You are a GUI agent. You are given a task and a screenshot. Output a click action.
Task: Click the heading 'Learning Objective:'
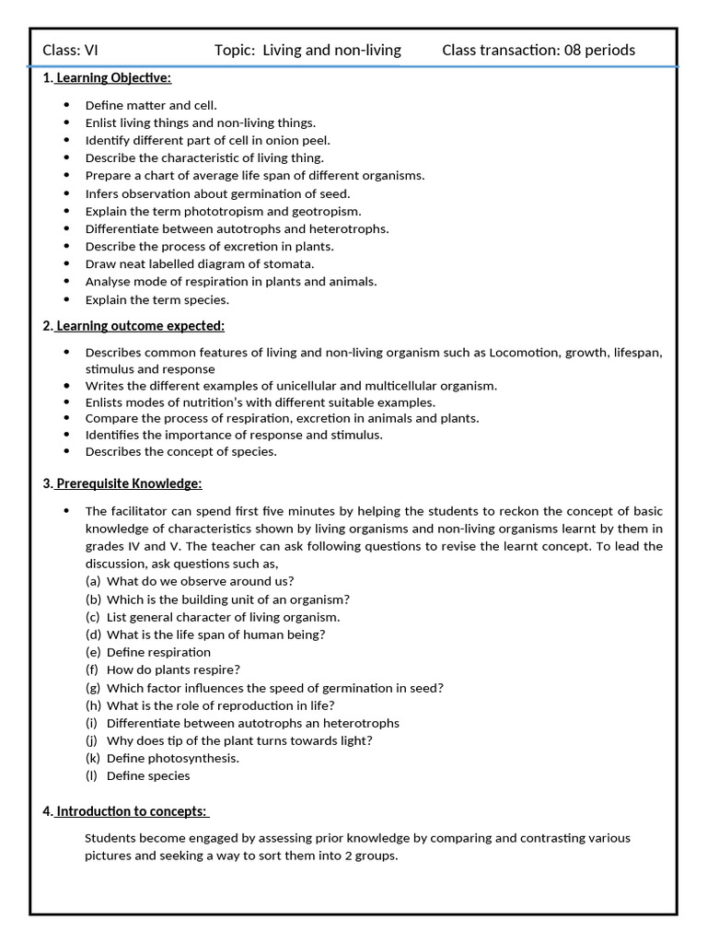click(x=113, y=77)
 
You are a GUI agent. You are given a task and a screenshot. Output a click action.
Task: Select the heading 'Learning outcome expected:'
click(x=140, y=326)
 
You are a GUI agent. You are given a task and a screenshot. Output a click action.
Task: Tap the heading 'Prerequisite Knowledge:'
click(x=129, y=483)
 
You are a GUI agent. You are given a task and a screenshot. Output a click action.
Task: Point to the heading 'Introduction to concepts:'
click(x=133, y=811)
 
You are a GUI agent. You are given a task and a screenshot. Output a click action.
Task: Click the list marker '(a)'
click(x=92, y=581)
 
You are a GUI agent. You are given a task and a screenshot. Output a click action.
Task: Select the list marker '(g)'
click(x=92, y=688)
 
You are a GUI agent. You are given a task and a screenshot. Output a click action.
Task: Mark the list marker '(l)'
click(x=92, y=775)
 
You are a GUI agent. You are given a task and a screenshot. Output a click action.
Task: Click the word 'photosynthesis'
click(x=195, y=758)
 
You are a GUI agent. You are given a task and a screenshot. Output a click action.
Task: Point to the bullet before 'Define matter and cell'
click(x=66, y=105)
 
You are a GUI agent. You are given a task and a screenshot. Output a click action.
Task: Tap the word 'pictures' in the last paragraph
click(x=109, y=856)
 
